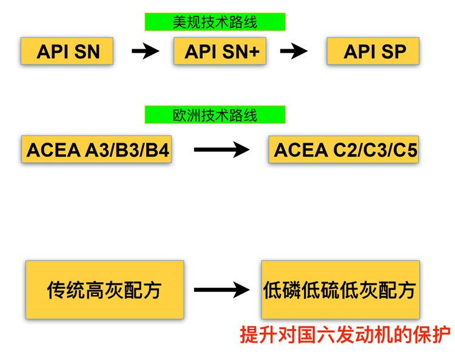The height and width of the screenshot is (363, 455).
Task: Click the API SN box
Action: (67, 51)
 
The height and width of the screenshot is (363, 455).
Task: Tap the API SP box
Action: (373, 51)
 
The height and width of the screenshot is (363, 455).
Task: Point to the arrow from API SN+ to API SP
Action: (294, 52)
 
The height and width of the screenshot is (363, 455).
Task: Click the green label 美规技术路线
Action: (215, 22)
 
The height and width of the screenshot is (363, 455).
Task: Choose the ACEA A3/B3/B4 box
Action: (96, 149)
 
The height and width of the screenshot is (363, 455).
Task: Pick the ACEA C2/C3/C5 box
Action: (344, 149)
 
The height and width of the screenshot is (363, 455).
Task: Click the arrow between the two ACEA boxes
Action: (221, 149)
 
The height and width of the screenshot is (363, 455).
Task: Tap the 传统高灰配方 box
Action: (104, 290)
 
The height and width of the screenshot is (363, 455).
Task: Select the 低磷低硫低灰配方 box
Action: (340, 290)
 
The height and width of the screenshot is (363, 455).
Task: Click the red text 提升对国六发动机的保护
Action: (345, 334)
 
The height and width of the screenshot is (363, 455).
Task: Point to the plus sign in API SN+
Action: (254, 52)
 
